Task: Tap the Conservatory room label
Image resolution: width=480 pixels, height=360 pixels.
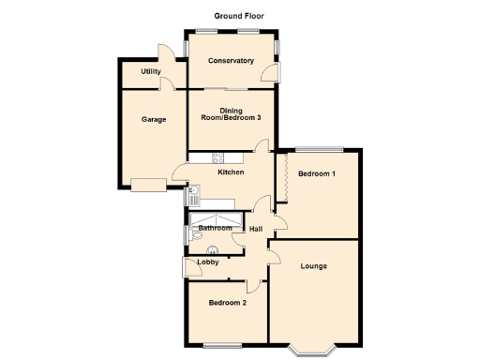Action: click(231, 61)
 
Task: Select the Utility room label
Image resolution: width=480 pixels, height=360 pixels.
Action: click(151, 71)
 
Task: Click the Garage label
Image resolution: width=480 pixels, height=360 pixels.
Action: click(154, 119)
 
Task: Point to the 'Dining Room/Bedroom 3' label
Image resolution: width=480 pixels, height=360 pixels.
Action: click(231, 115)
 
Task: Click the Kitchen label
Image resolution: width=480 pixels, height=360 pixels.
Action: click(231, 172)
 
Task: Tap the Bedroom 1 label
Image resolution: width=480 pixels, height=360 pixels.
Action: click(317, 174)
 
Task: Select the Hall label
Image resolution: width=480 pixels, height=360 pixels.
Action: click(255, 227)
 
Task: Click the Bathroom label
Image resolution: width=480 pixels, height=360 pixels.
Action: click(215, 227)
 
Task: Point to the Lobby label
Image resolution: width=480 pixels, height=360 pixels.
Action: click(207, 262)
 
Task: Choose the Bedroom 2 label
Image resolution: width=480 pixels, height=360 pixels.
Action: click(228, 303)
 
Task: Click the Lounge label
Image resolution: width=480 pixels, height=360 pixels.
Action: click(313, 266)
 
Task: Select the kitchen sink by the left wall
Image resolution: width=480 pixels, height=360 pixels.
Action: click(192, 197)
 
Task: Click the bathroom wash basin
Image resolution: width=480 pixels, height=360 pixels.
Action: click(213, 249)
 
